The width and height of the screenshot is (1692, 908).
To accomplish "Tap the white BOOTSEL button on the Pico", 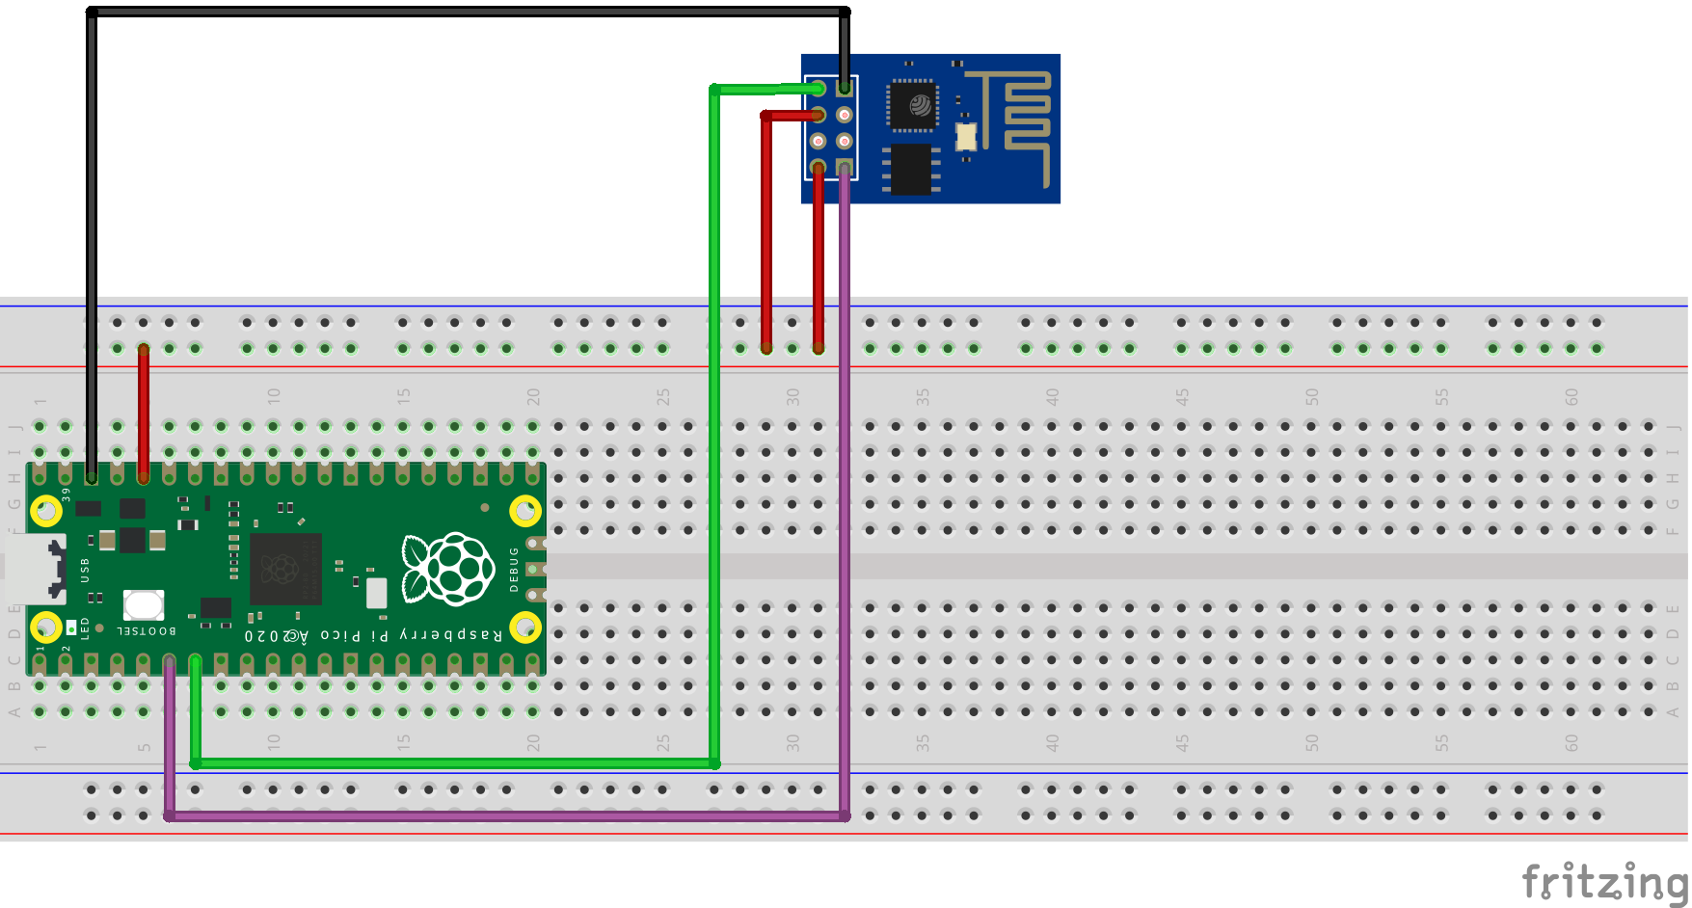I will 144,605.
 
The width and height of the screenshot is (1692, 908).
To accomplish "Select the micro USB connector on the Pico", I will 35,569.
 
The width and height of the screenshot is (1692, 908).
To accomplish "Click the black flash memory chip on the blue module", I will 911,169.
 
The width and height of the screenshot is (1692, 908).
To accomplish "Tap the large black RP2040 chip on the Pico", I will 284,569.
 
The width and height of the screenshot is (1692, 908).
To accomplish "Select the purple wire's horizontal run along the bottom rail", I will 501,815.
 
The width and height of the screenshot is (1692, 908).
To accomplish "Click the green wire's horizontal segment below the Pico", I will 453,763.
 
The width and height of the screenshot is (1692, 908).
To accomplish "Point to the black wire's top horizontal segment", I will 463,13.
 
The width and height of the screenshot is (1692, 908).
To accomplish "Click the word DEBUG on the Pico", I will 514,569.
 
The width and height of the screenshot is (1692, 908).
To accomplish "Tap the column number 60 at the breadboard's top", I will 1571,396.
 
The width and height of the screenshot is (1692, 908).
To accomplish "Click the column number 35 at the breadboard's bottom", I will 923,743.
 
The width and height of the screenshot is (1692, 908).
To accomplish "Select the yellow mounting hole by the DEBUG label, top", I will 525,510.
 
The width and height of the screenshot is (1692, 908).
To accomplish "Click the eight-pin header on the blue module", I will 831,127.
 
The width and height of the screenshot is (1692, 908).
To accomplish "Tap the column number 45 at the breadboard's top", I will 1182,396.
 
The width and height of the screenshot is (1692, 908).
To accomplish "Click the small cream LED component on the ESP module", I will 966,137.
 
